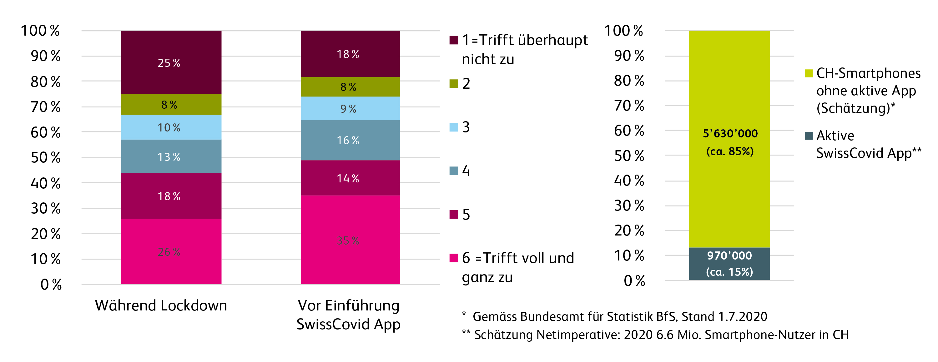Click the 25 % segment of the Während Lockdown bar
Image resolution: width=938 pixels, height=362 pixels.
coord(171,62)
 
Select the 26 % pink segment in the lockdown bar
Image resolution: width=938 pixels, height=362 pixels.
coord(171,251)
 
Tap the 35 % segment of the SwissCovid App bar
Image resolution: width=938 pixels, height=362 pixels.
coord(350,240)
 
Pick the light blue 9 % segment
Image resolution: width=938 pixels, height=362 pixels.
coord(350,108)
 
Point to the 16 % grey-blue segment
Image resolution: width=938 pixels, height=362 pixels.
coord(350,140)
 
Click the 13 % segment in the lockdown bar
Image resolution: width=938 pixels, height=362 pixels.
coord(171,156)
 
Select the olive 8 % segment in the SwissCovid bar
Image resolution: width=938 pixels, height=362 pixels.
coord(350,87)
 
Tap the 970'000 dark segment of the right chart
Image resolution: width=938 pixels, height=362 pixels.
coord(729,264)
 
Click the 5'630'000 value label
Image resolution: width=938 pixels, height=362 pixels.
coord(730,133)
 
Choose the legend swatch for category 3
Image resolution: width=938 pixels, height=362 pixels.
coord(454,127)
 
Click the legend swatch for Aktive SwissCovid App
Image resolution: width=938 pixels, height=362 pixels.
coord(809,136)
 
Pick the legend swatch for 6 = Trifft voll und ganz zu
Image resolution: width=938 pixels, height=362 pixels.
coord(454,258)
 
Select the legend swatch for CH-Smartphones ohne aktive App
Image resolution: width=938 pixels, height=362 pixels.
coord(809,73)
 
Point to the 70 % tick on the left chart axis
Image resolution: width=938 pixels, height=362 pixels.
coord(46,107)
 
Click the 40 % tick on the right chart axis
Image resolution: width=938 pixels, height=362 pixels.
coord(629,181)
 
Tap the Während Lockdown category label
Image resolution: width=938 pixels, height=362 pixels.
coord(161,305)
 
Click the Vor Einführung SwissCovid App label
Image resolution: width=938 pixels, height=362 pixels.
coord(349,315)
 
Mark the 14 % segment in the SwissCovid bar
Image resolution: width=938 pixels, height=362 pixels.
coord(350,178)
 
